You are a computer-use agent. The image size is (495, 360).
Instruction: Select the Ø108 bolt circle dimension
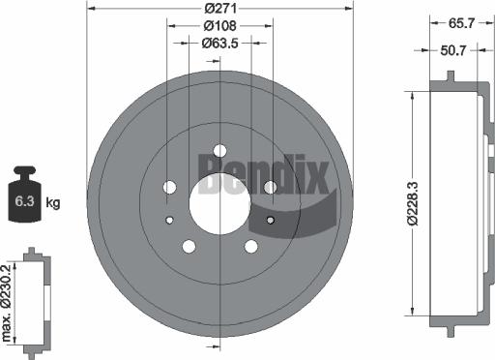[219, 26]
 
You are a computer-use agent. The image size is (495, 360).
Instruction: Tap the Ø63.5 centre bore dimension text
[220, 43]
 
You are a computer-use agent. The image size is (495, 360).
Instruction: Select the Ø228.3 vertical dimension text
[413, 203]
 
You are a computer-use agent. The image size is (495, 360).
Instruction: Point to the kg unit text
[53, 202]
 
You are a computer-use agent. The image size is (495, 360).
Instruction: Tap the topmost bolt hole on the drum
[219, 150]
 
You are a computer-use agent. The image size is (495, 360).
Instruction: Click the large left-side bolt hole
[171, 187]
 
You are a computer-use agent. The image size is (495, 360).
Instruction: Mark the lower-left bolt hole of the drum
[189, 245]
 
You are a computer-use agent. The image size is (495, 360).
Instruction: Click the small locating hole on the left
[170, 221]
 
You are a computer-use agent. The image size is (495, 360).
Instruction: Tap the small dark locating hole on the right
[270, 221]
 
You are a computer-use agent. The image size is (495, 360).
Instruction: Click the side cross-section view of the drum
[454, 203]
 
